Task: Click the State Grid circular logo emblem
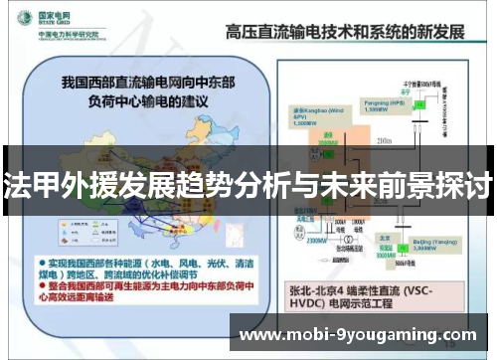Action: (21, 21)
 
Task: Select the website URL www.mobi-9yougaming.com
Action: (359, 334)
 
